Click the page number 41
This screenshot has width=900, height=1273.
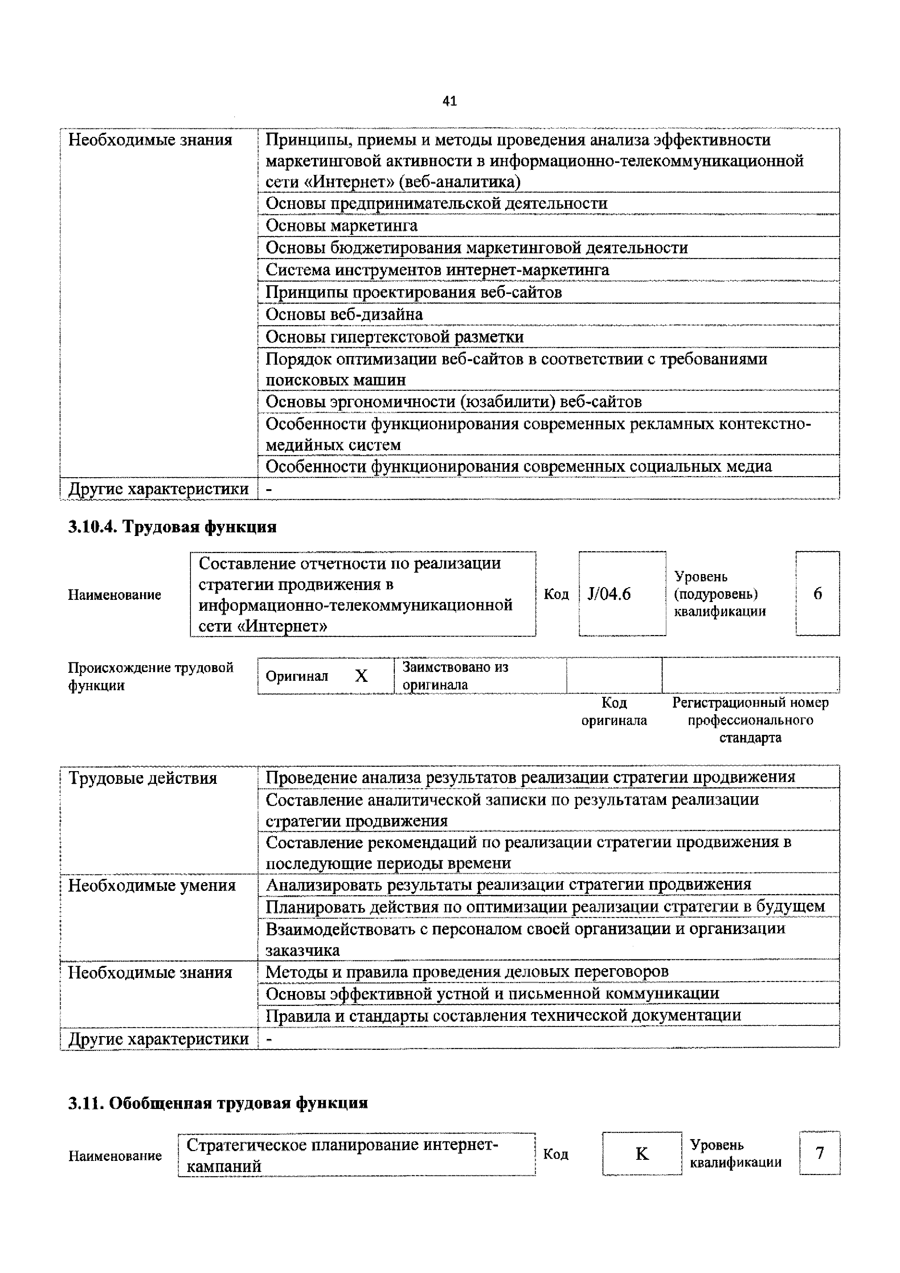[450, 101]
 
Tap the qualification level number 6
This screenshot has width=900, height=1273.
[817, 594]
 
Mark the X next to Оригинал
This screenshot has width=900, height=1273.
[361, 676]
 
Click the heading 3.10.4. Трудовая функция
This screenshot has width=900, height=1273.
[172, 527]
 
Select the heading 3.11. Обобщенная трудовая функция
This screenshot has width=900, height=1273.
[218, 1103]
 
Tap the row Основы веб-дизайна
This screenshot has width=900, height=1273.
[344, 314]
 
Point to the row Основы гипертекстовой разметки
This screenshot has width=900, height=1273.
[394, 336]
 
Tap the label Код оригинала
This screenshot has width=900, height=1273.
[614, 711]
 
